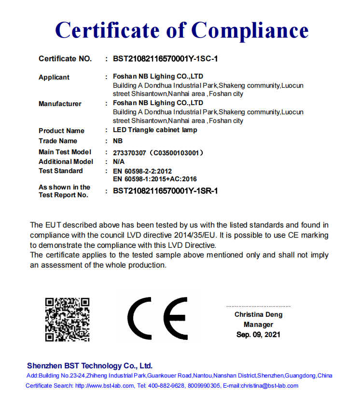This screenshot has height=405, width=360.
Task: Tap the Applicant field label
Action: [54, 77]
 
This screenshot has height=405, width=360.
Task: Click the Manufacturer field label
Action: [60, 104]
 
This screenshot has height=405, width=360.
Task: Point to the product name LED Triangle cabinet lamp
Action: [155, 130]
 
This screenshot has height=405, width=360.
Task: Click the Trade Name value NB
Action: [118, 141]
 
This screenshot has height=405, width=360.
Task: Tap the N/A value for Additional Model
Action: [119, 162]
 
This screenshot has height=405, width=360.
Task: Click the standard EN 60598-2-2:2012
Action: [142, 171]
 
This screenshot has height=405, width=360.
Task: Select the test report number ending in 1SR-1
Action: [166, 191]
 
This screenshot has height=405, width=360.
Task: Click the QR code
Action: [68, 320]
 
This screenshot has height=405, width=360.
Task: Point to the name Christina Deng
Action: [259, 314]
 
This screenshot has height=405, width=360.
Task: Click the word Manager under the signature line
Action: [258, 324]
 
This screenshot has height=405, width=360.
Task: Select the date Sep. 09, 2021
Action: [258, 334]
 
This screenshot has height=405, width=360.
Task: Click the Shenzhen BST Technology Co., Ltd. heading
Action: [90, 365]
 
